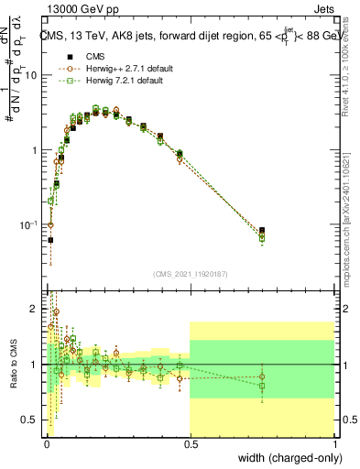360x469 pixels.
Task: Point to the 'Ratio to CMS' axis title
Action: click(x=14, y=364)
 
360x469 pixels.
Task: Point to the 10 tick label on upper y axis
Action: click(x=29, y=75)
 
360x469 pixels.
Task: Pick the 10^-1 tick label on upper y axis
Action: click(x=27, y=224)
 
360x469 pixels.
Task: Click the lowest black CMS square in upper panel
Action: click(x=50, y=240)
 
